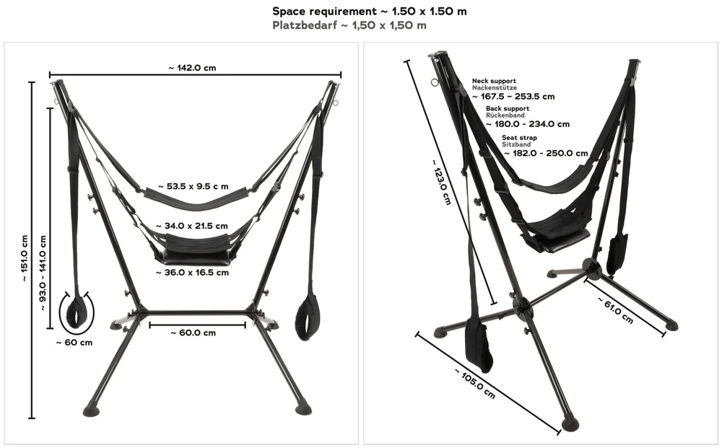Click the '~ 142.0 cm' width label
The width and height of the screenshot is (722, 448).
(193, 68)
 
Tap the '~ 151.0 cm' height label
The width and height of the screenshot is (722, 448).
(24, 258)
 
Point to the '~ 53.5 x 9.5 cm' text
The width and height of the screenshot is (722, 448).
(196, 186)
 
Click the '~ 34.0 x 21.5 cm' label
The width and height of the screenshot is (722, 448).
(196, 226)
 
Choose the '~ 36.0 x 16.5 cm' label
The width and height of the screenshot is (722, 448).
(193, 273)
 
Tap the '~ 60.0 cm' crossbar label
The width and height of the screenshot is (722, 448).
(193, 333)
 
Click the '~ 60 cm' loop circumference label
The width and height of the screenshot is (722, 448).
(74, 343)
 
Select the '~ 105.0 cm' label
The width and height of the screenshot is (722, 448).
(475, 383)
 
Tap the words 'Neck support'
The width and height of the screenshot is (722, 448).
(495, 81)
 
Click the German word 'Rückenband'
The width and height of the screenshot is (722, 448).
(505, 115)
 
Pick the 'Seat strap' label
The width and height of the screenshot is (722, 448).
(519, 138)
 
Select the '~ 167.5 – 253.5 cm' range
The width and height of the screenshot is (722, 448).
(513, 96)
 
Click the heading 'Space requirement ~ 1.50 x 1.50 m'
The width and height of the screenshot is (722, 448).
(364, 12)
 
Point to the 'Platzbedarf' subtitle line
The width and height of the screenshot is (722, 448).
(349, 25)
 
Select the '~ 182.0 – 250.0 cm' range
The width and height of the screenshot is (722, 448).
(546, 153)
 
